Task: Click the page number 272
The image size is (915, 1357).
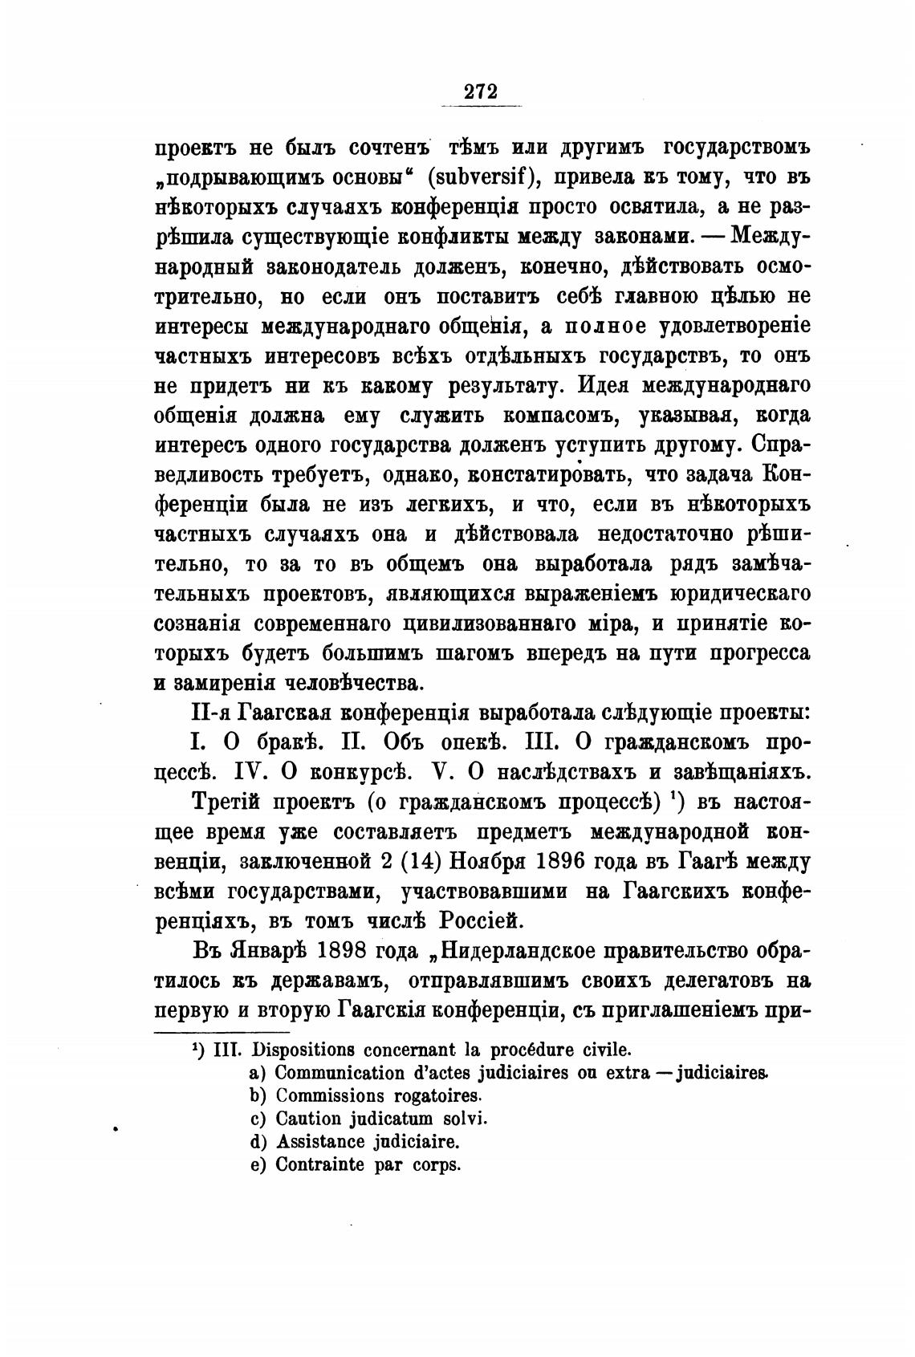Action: [x=481, y=91]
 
